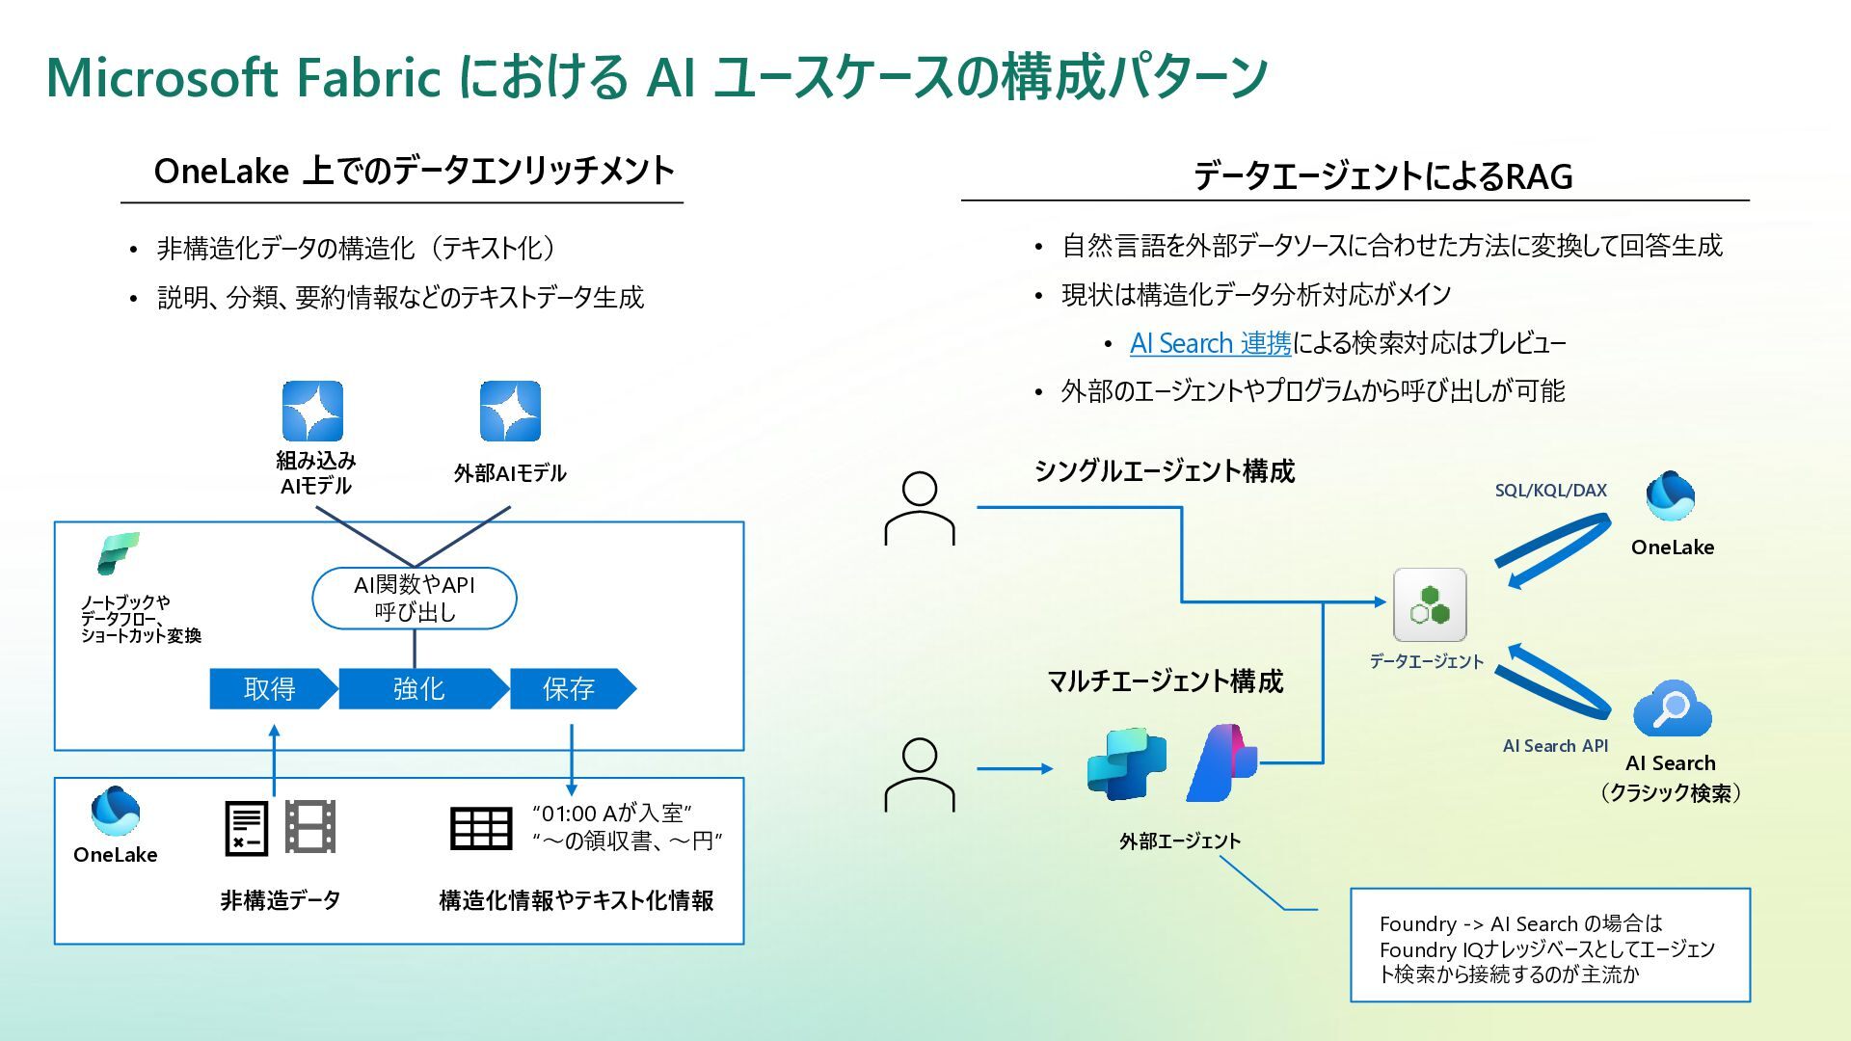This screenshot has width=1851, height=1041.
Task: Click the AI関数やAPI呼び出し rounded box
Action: (415, 599)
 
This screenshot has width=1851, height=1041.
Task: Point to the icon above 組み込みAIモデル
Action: (312, 411)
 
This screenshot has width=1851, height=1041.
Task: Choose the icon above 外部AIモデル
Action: (510, 411)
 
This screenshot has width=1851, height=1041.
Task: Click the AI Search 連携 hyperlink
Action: (1210, 343)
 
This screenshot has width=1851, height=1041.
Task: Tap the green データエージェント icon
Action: (1430, 605)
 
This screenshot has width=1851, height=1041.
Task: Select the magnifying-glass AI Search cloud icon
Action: (1672, 709)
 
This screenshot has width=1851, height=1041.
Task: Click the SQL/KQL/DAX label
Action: (1550, 491)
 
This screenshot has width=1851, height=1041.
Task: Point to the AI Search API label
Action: (1555, 746)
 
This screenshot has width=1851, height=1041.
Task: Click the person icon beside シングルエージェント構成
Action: (920, 508)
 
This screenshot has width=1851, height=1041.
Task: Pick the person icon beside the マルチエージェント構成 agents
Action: (920, 774)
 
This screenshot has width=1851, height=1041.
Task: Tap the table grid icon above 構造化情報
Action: (481, 828)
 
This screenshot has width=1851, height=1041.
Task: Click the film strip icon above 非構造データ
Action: (310, 827)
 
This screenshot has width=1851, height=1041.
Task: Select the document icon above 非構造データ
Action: (247, 828)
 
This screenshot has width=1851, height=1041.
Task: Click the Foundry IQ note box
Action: (1549, 946)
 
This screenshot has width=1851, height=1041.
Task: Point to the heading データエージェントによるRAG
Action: (1382, 176)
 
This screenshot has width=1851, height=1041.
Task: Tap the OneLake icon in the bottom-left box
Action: (115, 812)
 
